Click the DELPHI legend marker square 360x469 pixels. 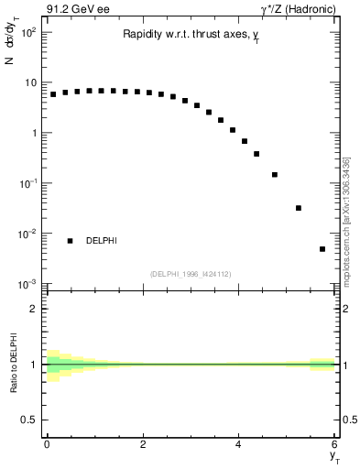[70, 241]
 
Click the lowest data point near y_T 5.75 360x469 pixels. [322, 249]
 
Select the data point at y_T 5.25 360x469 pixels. [299, 208]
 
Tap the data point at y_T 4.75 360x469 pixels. [275, 174]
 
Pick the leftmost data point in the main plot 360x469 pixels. [53, 94]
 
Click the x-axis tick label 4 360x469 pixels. [238, 446]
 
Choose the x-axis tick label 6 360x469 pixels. [334, 446]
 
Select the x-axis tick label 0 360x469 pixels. [47, 446]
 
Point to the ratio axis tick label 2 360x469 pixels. [35, 309]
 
